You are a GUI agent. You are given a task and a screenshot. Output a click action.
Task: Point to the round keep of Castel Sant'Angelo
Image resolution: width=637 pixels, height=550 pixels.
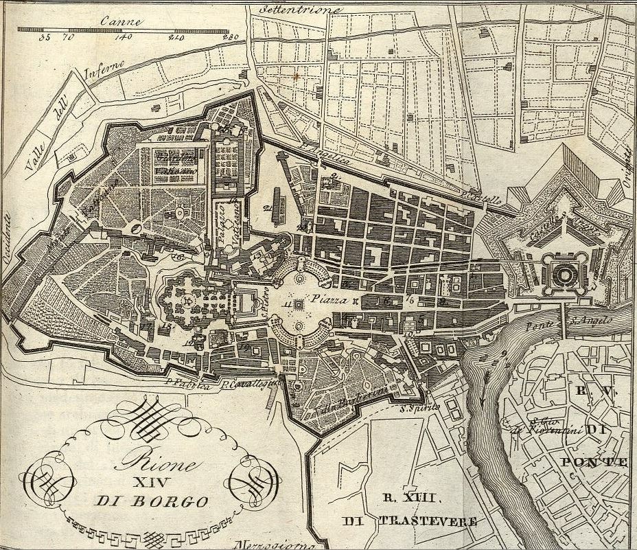tap(564, 275)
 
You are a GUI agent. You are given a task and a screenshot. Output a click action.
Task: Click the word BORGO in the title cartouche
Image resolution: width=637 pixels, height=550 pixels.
tap(176, 501)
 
